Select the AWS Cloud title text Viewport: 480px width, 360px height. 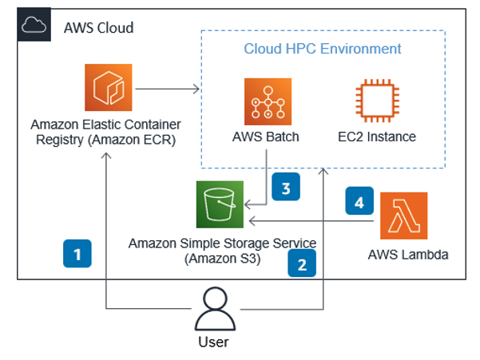point(98,29)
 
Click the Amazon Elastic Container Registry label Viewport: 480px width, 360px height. point(105,131)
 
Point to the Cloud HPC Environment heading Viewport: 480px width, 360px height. point(322,49)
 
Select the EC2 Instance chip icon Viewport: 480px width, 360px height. point(376,102)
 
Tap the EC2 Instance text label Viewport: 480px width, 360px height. point(377,136)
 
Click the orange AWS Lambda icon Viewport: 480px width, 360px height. point(403,216)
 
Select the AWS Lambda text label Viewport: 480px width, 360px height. point(404,255)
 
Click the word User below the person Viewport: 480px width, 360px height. point(213,342)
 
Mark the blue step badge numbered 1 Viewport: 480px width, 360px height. point(77,255)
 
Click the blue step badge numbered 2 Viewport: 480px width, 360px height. point(301,263)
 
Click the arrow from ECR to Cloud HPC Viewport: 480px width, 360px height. point(167,89)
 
